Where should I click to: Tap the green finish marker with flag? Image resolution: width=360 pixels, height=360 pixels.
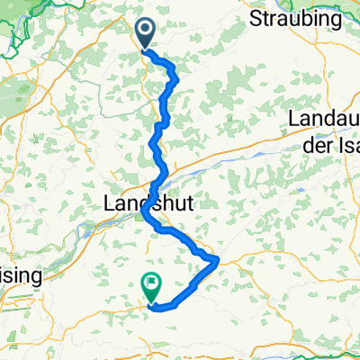click(151, 286)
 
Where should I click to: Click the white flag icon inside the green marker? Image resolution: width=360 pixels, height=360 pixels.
click(151, 284)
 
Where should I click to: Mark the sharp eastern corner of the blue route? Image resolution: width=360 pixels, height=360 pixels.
click(219, 260)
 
